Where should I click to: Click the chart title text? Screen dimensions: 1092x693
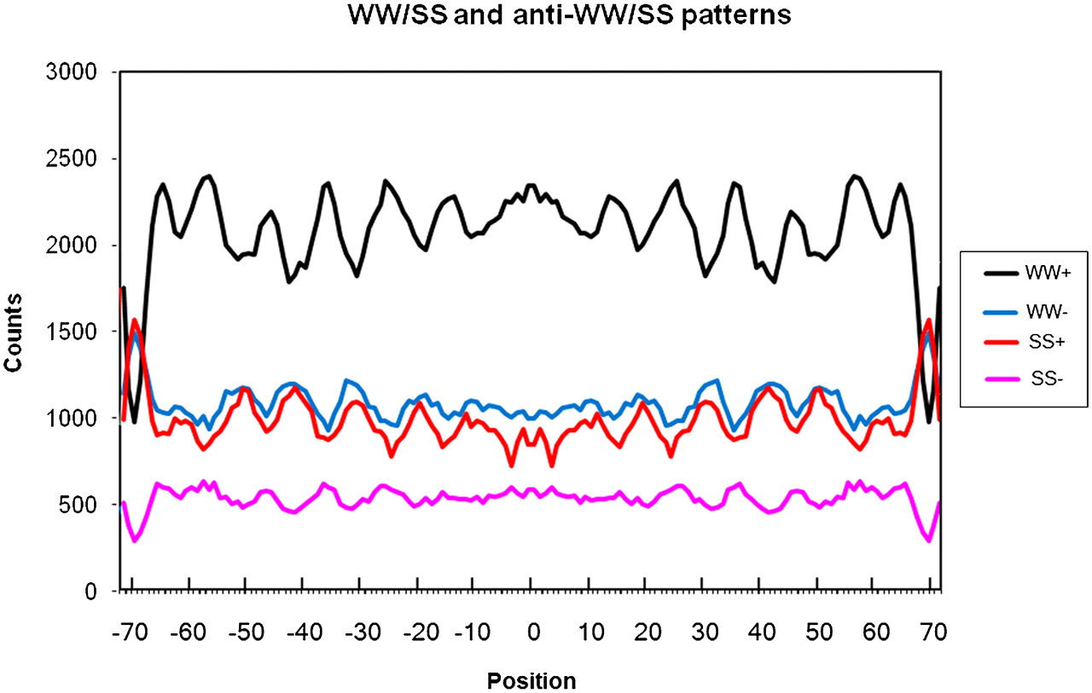tap(569, 14)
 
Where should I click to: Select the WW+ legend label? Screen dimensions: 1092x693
tap(1048, 272)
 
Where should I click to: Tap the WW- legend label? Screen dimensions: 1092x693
tap(1047, 311)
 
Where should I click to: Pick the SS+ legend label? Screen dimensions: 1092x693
tap(1047, 342)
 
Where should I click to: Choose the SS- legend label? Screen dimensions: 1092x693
tap(1047, 378)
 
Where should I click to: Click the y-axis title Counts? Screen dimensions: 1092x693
tap(13, 332)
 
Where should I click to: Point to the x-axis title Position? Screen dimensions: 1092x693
tap(531, 680)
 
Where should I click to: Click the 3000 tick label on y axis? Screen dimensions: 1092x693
tap(71, 72)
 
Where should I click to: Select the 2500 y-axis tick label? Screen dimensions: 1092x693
tap(71, 159)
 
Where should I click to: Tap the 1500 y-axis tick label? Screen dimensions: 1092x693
tap(71, 332)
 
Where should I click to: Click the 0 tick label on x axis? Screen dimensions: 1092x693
tap(534, 632)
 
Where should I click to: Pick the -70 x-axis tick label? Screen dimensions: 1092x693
tap(130, 632)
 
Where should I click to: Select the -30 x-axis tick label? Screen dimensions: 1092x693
tap(363, 632)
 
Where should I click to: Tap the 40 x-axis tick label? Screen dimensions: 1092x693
tap(762, 632)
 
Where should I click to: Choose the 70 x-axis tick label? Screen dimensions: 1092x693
tap(933, 632)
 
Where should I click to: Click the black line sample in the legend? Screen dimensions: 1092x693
tap(1001, 274)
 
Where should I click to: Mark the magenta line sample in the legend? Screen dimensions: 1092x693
tap(1001, 378)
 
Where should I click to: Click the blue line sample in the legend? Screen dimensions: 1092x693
tap(1001, 312)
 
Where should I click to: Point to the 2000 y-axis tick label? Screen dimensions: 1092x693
tap(71, 245)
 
